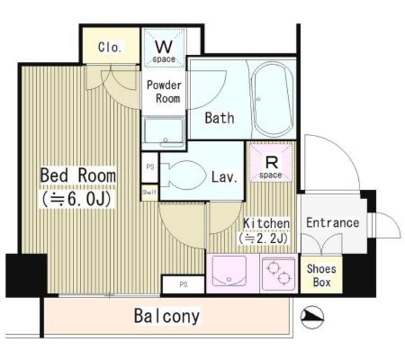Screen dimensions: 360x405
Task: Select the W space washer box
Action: [165, 48]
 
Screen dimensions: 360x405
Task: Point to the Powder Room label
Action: [165, 92]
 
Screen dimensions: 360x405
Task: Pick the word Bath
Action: [219, 118]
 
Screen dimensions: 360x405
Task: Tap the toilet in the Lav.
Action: [182, 175]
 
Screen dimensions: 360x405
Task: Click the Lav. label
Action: [224, 177]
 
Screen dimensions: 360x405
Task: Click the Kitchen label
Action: [266, 223]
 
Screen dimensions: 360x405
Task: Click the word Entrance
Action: [332, 223]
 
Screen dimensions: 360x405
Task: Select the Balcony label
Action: [167, 315]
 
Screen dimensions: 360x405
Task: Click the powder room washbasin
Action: [164, 132]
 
